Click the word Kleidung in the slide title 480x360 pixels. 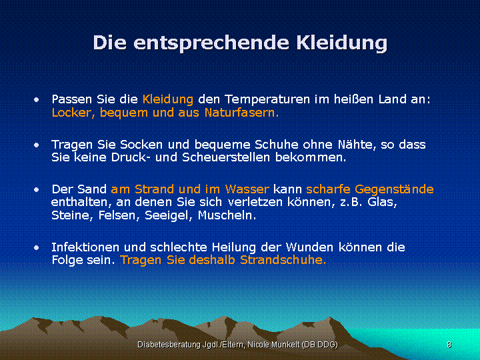pos(342,43)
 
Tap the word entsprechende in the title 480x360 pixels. pos(211,43)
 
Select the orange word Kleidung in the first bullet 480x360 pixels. pos(168,99)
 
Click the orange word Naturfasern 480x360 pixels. pos(241,113)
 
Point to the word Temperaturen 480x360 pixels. pos(267,100)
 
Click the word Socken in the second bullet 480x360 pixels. pos(141,144)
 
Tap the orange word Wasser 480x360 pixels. pos(247,189)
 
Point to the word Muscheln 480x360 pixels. pos(227,215)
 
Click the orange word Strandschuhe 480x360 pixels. pos(283,260)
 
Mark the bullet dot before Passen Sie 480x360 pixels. pos(37,100)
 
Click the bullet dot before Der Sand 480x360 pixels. pos(37,190)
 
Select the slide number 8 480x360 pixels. pos(449,345)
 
